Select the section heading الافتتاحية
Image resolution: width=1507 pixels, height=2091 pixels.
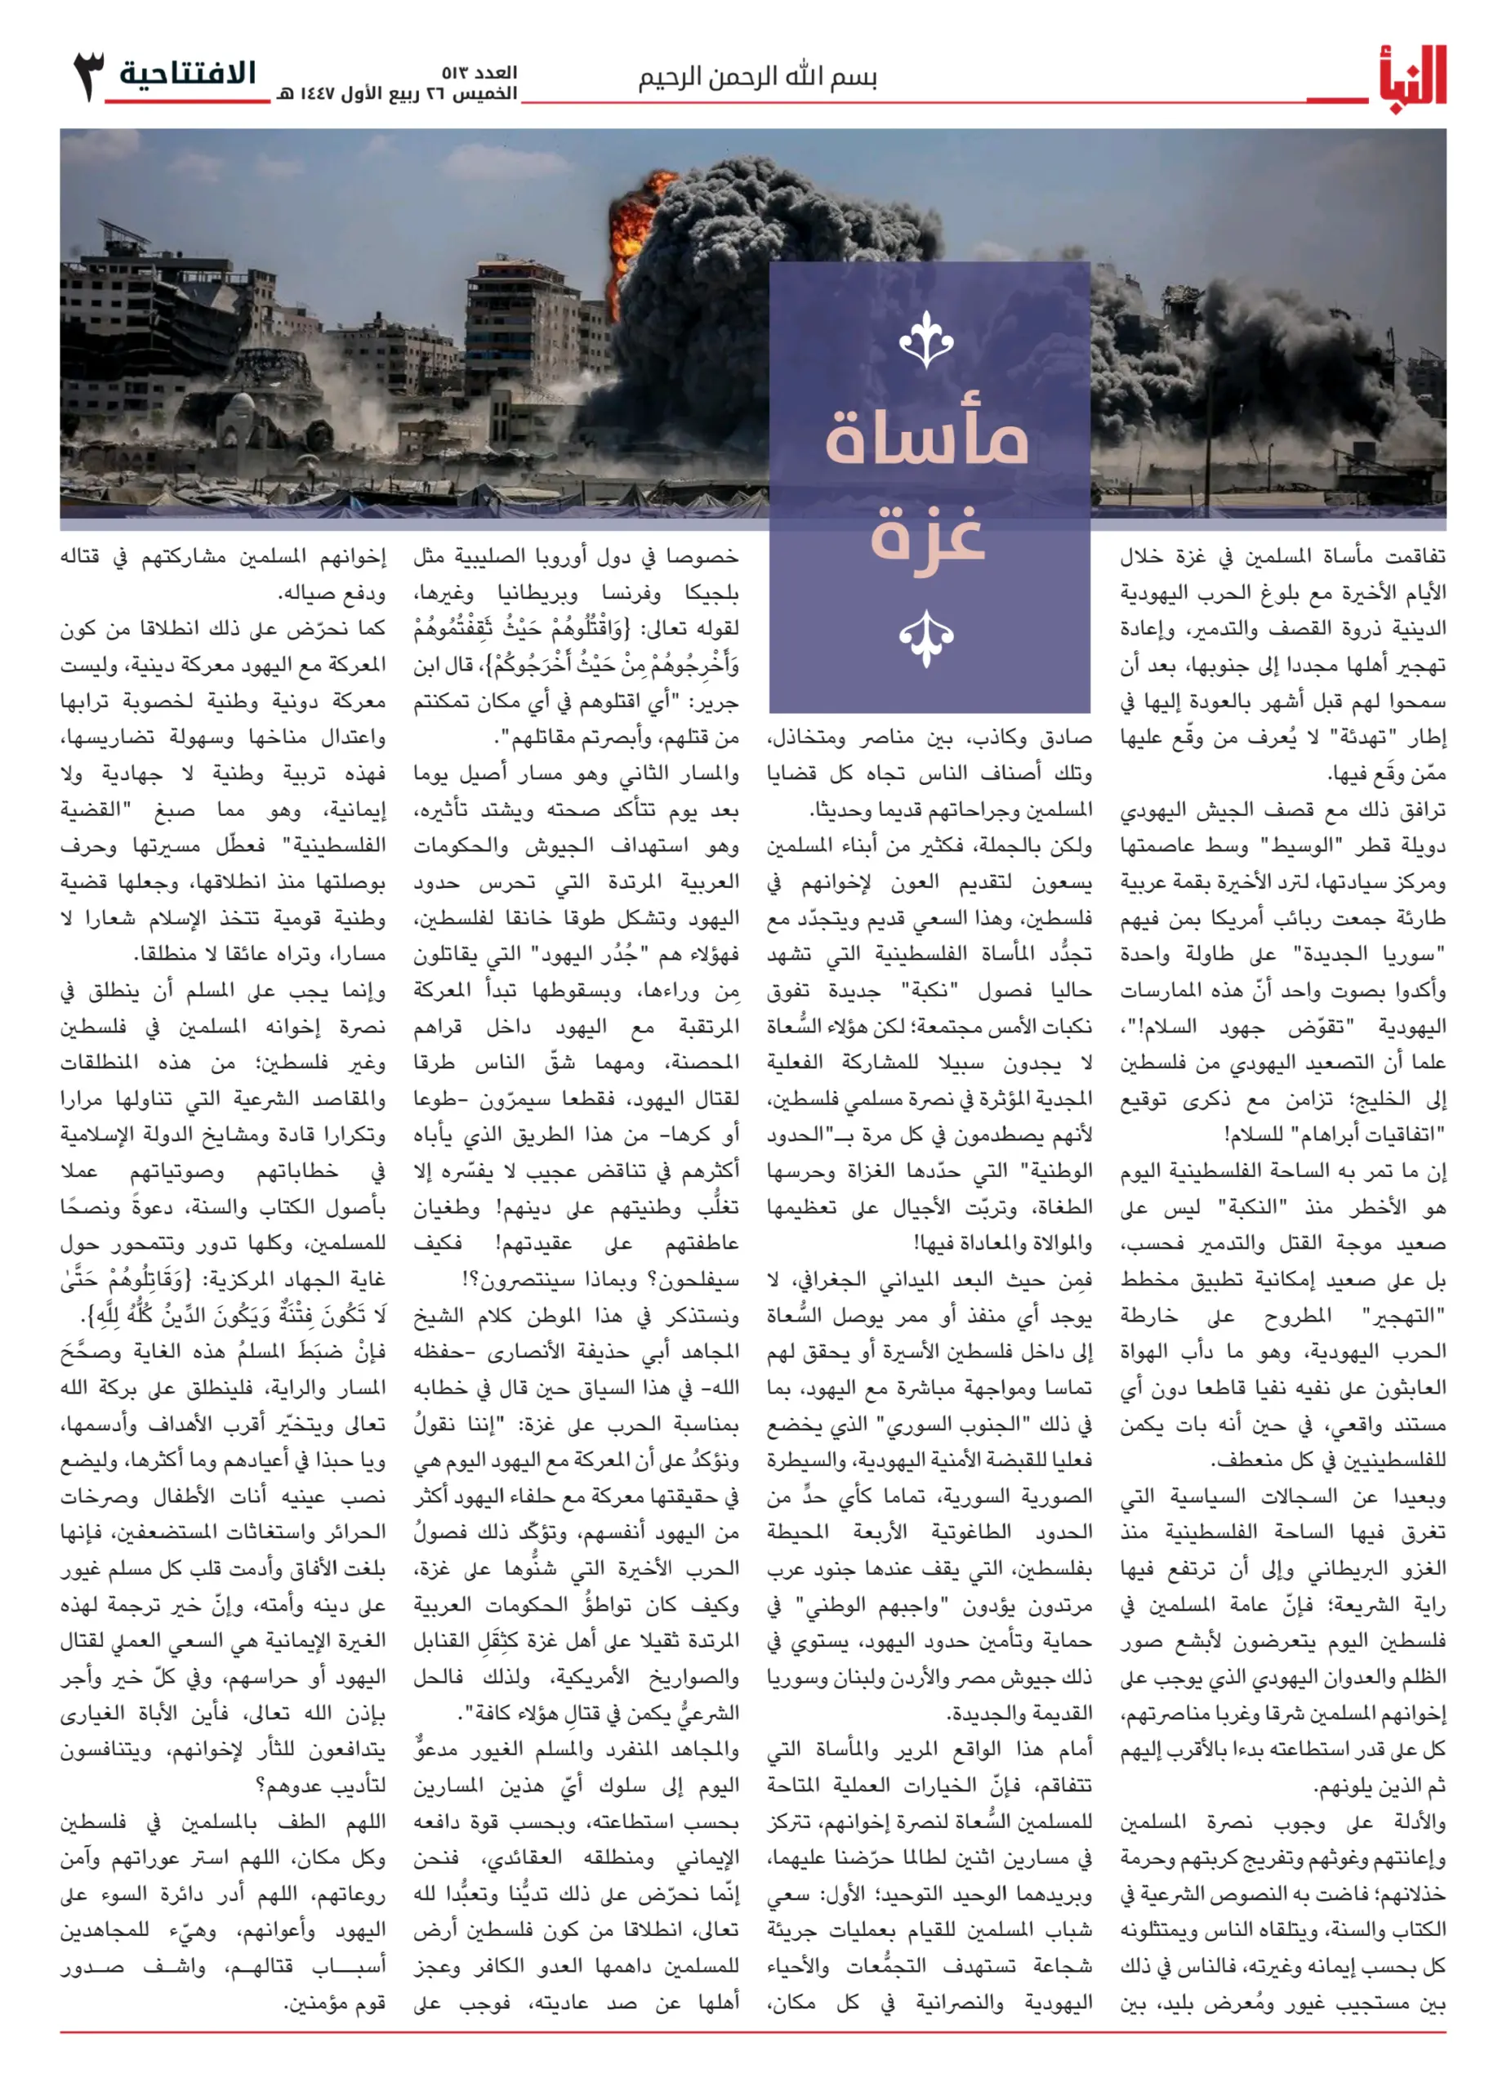188,74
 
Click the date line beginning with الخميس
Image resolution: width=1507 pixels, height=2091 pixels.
396,94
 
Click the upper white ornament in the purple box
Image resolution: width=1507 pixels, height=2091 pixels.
926,341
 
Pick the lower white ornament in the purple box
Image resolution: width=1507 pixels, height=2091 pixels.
926,636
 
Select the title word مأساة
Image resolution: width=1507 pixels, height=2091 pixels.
926,439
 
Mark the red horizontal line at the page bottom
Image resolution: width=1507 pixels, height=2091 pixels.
753,2032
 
